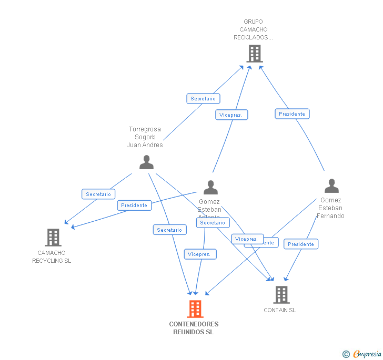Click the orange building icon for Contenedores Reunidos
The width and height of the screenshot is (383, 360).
click(195, 309)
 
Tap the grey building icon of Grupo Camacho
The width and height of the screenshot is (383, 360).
click(254, 54)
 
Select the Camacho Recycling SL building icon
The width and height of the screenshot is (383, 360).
click(53, 238)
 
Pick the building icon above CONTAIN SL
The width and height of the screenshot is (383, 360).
click(281, 295)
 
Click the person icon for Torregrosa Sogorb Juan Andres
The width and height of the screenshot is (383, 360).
click(146, 162)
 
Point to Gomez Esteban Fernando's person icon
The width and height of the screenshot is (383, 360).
click(331, 186)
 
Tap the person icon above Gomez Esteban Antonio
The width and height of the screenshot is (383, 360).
click(210, 188)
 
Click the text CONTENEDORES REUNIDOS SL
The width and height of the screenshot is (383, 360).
click(194, 328)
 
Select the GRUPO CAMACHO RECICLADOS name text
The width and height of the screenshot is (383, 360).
click(254, 30)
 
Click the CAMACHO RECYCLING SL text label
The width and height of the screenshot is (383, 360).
click(52, 257)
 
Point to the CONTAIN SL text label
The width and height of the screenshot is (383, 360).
click(280, 310)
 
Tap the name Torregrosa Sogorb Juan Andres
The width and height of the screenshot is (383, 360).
click(145, 137)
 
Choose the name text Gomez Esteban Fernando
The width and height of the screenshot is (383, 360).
click(330, 208)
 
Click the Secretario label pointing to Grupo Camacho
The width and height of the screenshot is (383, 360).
click(203, 99)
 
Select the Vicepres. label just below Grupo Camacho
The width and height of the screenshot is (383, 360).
click(231, 115)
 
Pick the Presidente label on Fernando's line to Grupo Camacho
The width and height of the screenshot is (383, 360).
click(292, 114)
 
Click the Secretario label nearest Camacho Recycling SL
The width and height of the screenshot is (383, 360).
click(98, 194)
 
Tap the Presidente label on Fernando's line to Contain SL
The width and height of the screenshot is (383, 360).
click(301, 244)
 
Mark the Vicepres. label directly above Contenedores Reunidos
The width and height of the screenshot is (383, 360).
click(200, 254)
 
